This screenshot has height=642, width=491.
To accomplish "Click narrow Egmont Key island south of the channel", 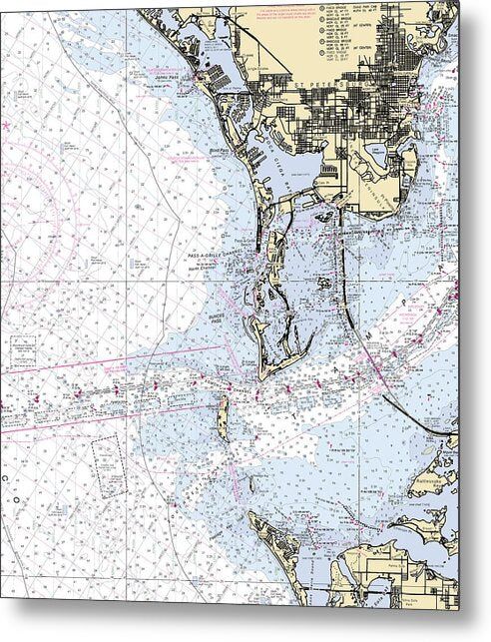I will click(x=223, y=419).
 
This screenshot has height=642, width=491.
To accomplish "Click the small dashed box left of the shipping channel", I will click(x=24, y=349).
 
